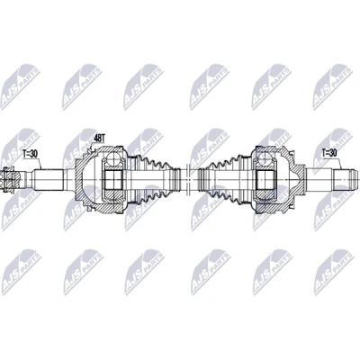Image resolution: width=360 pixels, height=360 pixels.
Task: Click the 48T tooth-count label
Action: click(99, 138)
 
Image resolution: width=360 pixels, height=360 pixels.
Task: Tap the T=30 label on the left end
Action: click(30, 154)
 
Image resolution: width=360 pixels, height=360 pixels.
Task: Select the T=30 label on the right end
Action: click(329, 153)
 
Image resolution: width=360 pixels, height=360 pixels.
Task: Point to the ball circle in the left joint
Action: click(114, 158)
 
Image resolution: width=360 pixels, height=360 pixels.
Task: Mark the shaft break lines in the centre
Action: click(186, 179)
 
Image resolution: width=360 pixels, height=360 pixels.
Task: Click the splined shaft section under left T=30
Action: click(49, 179)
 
